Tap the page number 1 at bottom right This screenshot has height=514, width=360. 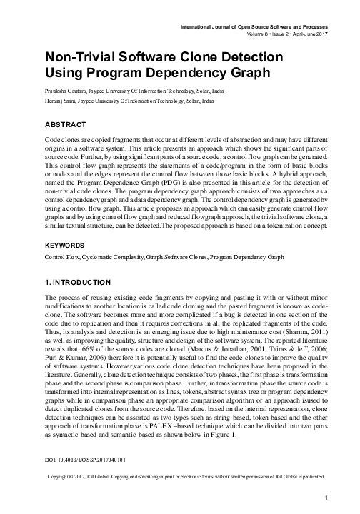[326, 498]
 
